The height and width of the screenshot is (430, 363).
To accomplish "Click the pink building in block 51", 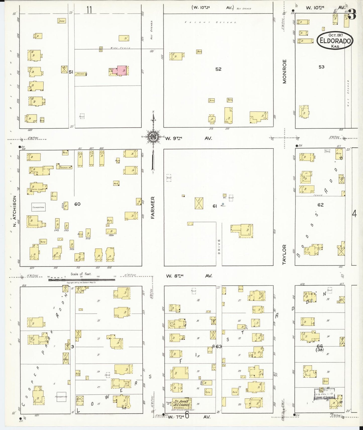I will click(x=121, y=70).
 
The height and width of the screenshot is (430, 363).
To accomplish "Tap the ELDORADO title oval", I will click(x=335, y=40).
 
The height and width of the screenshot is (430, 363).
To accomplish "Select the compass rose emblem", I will click(x=152, y=137).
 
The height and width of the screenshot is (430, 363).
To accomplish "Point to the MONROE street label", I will click(x=284, y=71).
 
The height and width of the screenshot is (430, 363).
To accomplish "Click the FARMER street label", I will click(x=153, y=208).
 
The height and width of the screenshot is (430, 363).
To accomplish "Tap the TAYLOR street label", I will click(x=284, y=254).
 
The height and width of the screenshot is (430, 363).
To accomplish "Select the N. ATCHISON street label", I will click(x=14, y=211).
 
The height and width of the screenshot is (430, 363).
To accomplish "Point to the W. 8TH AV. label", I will click(x=189, y=276).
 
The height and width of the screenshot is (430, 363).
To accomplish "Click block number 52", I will click(x=218, y=69).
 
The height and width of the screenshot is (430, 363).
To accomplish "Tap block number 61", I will click(x=215, y=206).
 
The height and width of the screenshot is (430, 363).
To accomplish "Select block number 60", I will click(x=77, y=204).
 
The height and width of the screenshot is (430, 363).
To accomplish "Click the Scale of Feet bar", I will click(x=82, y=279).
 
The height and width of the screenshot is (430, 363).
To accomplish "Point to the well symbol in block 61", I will click(x=223, y=204).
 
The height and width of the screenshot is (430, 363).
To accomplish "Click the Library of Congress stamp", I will click(x=324, y=395).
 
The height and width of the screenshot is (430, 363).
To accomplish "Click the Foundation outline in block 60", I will click(x=38, y=207).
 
